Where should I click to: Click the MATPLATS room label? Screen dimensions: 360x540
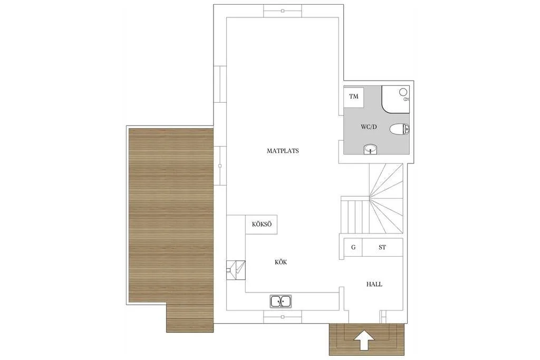click(283, 151)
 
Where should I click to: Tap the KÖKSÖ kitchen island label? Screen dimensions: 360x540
click(262, 225)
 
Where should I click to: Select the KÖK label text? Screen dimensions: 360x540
click(281, 262)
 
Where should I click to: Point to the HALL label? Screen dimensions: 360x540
click(374, 284)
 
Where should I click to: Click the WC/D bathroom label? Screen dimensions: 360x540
click(369, 127)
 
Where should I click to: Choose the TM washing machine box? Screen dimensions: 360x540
click(354, 96)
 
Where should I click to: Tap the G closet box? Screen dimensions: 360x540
click(353, 247)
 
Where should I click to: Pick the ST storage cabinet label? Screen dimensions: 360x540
click(382, 247)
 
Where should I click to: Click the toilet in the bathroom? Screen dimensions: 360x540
click(399, 129)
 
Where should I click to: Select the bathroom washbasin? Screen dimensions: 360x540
click(371, 150)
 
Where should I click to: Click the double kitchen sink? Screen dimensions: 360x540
click(282, 301)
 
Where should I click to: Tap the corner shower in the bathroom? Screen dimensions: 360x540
click(396, 99)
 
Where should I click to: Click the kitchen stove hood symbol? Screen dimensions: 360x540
click(236, 269)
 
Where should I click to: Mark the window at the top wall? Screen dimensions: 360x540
click(283, 11)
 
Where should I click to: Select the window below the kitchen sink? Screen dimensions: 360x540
click(283, 317)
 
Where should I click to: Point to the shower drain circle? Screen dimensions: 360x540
click(404, 91)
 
